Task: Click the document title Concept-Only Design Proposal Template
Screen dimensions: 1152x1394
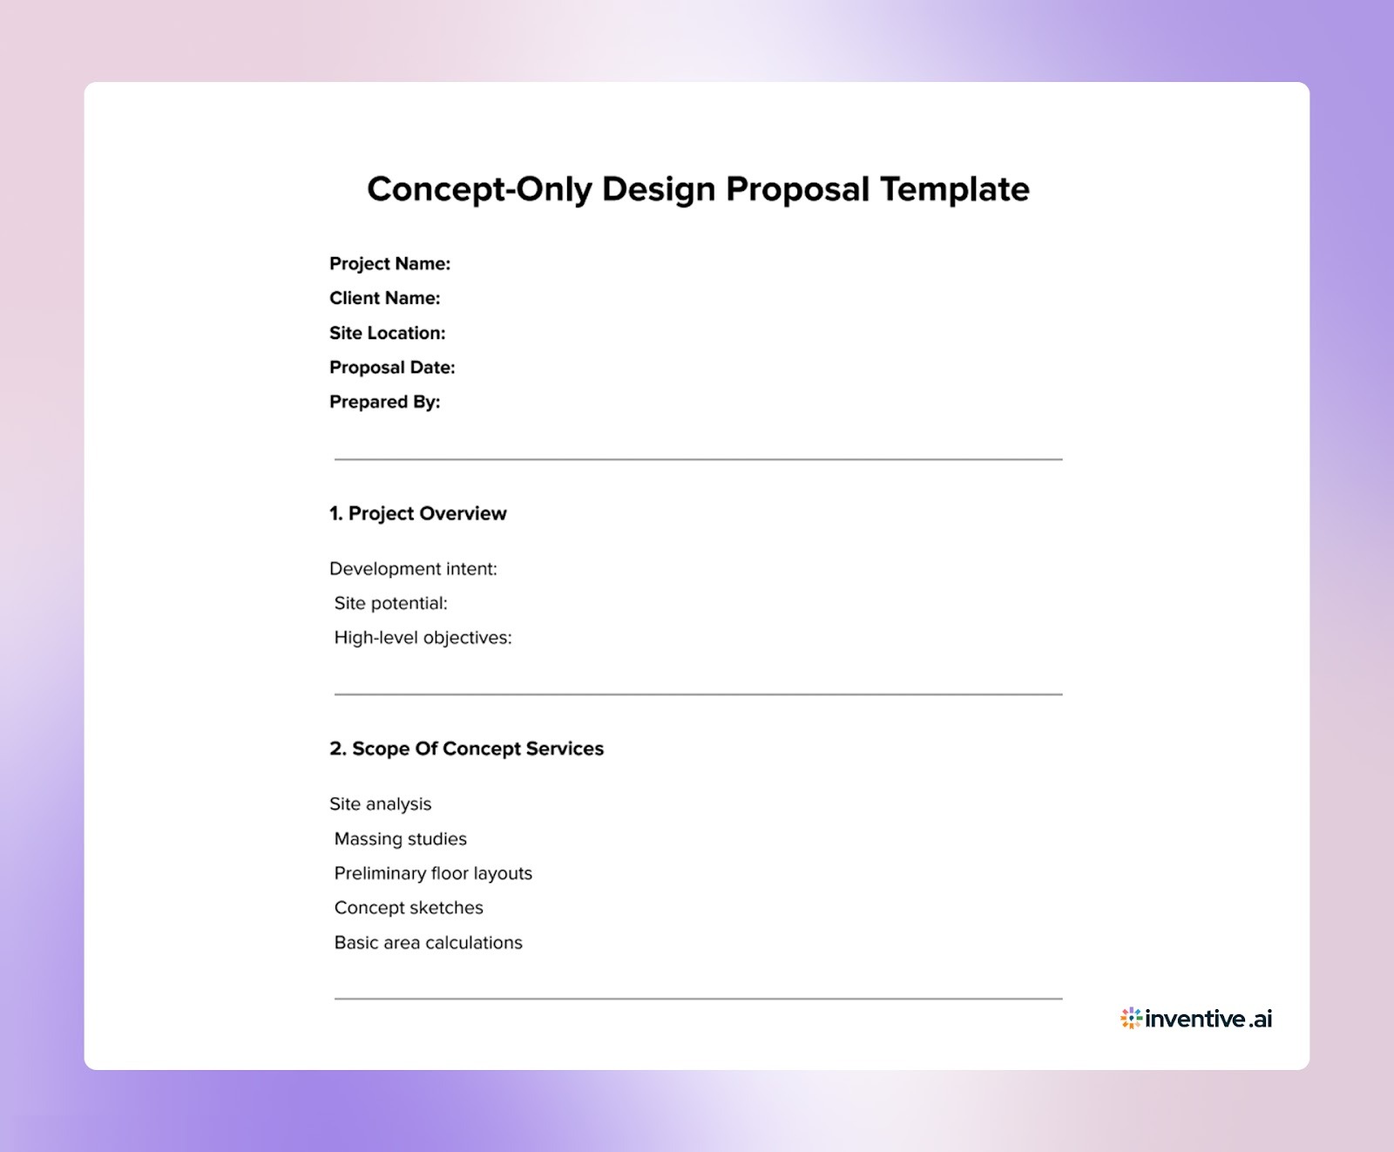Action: pos(697,189)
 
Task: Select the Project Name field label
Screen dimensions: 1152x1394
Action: pos(389,263)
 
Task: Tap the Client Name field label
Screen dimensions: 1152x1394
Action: pos(384,298)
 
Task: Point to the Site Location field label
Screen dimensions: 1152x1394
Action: pos(387,333)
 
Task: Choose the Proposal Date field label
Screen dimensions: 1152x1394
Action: pos(392,368)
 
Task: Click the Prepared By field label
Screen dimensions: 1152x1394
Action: pos(384,402)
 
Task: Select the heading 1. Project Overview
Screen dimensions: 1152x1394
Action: pos(417,513)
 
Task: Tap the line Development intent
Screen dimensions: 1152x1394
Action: pos(413,569)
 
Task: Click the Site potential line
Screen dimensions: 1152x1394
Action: pos(390,603)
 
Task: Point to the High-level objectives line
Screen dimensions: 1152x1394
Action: pos(423,638)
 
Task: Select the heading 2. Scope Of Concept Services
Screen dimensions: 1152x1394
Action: pos(466,749)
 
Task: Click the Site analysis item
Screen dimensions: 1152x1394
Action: pos(380,804)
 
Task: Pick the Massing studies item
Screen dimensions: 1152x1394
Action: pos(400,839)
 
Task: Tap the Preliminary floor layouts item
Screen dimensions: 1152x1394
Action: pos(433,873)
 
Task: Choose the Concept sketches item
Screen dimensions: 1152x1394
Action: pos(409,908)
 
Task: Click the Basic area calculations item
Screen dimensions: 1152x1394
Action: pos(428,943)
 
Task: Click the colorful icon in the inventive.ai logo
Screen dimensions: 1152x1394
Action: pos(1131,1018)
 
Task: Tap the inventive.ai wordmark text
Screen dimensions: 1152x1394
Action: pos(1208,1018)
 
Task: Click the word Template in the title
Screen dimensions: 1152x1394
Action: pos(954,189)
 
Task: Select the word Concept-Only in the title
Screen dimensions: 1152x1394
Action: pos(479,189)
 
